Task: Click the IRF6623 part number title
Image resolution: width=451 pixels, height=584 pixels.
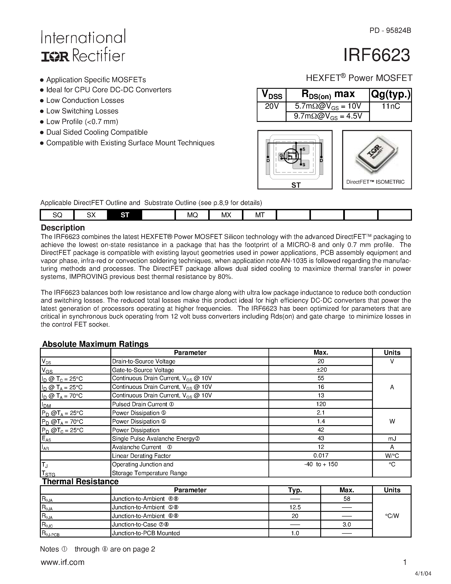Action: click(x=376, y=55)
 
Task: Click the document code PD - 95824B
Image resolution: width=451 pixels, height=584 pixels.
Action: click(x=390, y=31)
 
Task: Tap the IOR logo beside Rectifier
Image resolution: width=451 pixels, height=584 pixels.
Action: click(x=55, y=56)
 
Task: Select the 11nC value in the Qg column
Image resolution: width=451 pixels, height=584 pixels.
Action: click(x=391, y=106)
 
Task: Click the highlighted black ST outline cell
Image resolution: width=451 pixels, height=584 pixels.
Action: click(x=125, y=215)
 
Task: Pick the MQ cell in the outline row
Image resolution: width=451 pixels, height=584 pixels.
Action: click(x=192, y=215)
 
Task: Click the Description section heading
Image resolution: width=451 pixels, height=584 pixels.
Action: click(x=63, y=228)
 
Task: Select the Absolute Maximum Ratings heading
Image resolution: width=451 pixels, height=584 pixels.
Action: click(x=95, y=344)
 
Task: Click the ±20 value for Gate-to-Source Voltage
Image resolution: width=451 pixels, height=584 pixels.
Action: click(x=321, y=370)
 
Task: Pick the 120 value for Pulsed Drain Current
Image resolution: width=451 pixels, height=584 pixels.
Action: click(x=321, y=404)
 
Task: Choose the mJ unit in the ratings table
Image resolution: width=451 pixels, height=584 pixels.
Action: click(x=392, y=439)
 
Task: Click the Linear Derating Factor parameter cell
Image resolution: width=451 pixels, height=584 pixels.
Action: click(x=141, y=456)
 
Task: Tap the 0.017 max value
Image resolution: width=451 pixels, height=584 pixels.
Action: click(x=321, y=455)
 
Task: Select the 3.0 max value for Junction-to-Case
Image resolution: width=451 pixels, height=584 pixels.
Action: click(x=347, y=524)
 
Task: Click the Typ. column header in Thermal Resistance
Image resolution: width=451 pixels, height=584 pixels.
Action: click(x=295, y=490)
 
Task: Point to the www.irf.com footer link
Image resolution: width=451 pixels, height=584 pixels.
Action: click(x=63, y=562)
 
